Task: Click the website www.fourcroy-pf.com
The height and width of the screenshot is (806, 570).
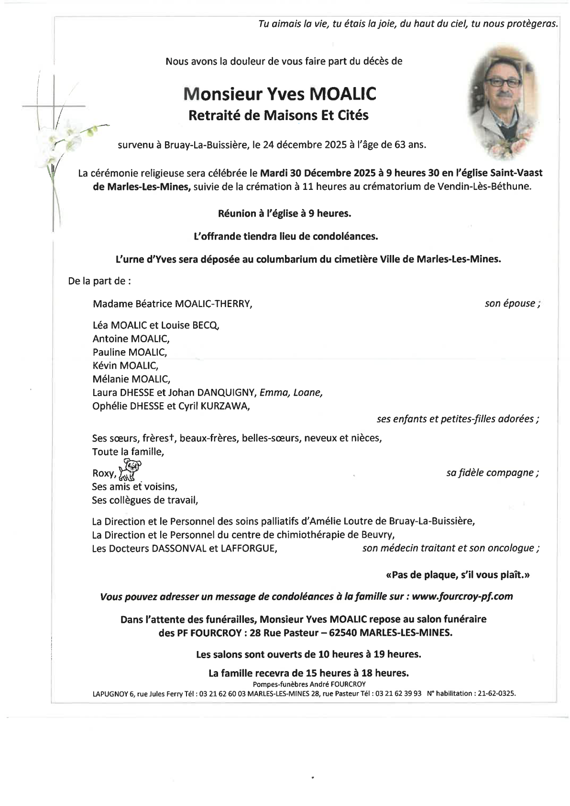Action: (462, 596)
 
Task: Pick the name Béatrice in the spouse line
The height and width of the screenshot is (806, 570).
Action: (143, 304)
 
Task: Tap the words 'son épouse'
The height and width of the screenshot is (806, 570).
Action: (510, 303)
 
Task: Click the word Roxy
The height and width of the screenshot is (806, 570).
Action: (103, 474)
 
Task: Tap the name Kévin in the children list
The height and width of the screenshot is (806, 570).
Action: (104, 365)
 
